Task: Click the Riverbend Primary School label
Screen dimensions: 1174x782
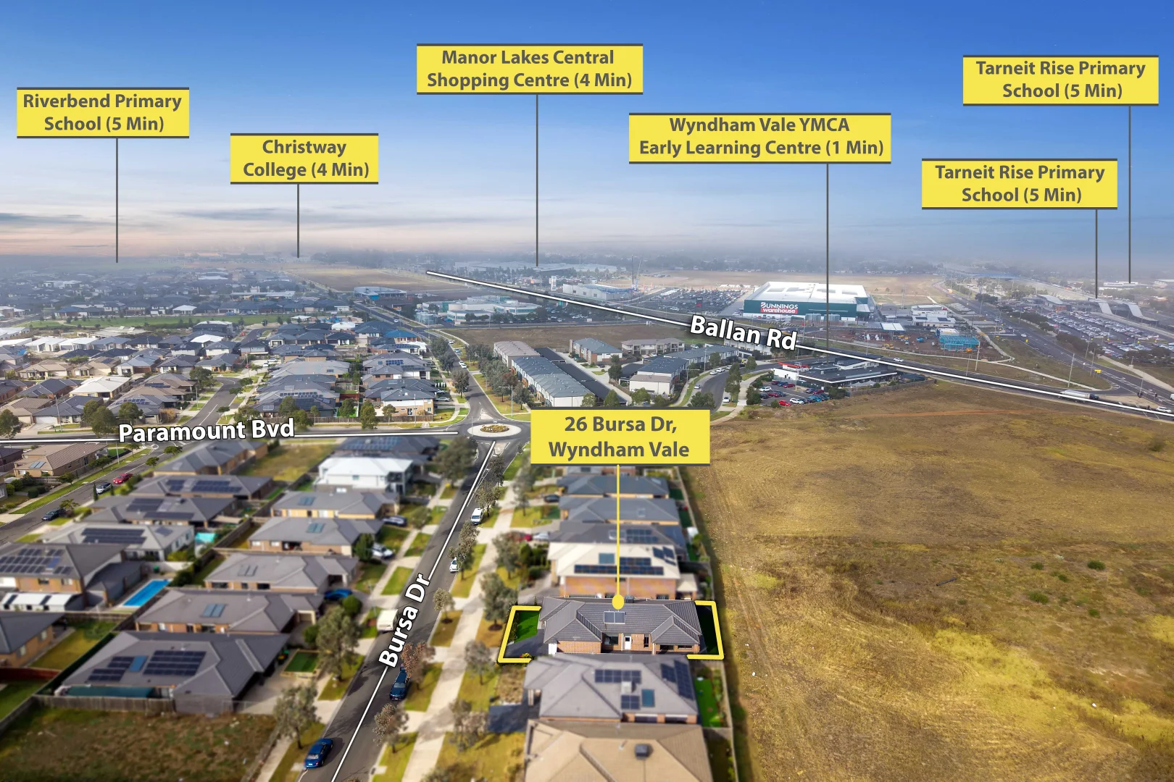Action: tap(103, 113)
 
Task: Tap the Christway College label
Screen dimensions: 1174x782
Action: tap(304, 158)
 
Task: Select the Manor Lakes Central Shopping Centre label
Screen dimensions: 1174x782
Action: tap(529, 69)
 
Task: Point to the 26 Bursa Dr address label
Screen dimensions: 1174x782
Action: tap(620, 437)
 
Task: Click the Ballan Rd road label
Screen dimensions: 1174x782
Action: tap(744, 332)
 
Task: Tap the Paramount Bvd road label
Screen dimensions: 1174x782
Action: tap(206, 431)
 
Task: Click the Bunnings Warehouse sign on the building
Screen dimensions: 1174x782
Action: tap(779, 308)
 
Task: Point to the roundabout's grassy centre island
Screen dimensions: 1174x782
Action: tap(494, 429)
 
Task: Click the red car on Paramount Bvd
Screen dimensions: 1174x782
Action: tap(122, 478)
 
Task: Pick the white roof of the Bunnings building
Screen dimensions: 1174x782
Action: tap(809, 293)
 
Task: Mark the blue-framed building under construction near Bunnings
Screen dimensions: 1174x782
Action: tap(958, 342)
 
